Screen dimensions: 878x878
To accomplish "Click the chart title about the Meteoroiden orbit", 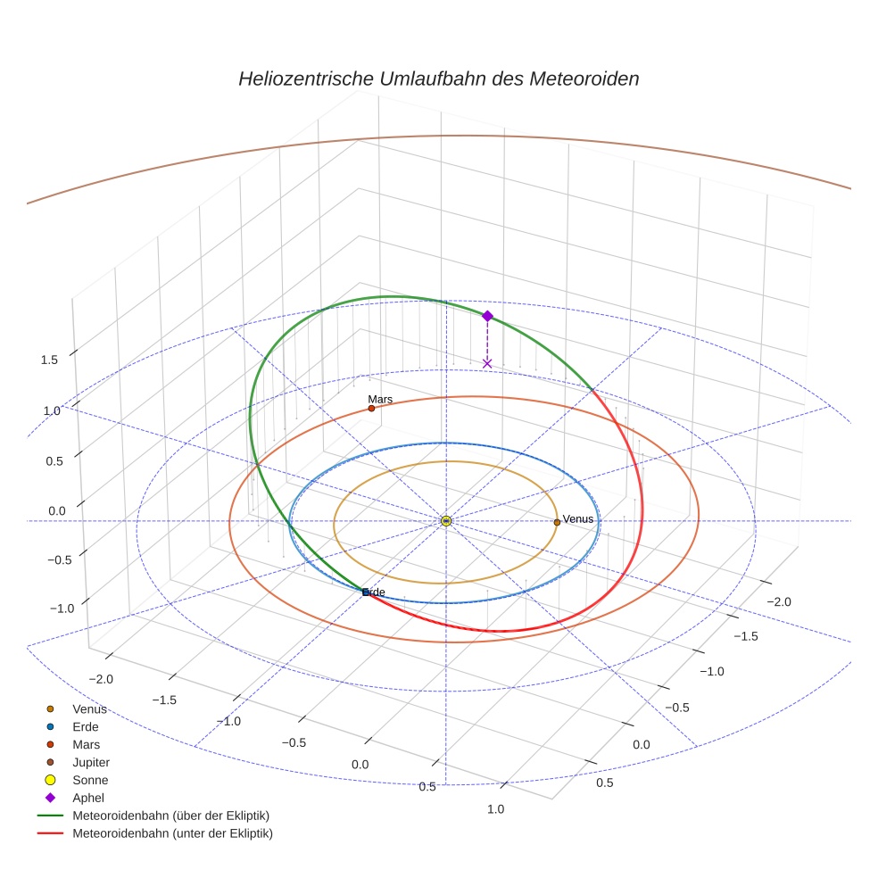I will click(438, 79).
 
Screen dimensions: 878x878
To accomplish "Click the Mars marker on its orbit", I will click(371, 409).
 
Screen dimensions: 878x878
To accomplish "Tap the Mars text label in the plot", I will click(380, 400).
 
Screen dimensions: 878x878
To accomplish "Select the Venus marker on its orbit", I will click(557, 522).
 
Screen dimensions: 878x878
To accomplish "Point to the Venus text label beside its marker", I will click(578, 519).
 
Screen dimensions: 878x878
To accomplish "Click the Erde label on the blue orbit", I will click(374, 592).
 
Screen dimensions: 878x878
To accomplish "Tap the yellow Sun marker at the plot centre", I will click(446, 520).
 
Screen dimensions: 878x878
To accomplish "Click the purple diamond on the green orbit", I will click(487, 316).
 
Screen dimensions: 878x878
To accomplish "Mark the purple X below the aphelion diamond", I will click(487, 363).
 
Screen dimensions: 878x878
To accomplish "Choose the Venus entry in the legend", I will click(89, 709).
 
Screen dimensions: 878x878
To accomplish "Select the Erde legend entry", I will click(86, 727).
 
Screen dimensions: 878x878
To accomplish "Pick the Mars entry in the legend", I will click(86, 744).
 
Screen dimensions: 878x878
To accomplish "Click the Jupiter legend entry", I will click(91, 762).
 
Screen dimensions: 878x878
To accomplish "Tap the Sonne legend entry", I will click(90, 780).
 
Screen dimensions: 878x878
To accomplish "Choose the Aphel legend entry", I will click(88, 798).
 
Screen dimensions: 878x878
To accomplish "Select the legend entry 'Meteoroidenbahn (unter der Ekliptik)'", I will click(172, 833).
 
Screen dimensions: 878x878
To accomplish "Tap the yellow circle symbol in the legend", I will click(51, 780).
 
